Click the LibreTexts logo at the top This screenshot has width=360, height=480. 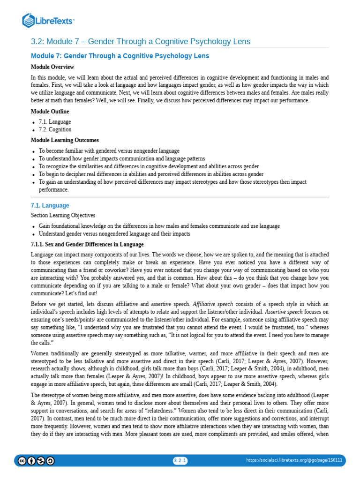pos(48,20)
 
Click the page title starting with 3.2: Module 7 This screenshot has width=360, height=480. pos(141,42)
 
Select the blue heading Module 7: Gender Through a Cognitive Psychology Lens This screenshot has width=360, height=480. pos(120,56)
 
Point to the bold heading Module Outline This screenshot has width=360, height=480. pos(50,112)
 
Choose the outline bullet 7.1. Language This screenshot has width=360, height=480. pos(55,122)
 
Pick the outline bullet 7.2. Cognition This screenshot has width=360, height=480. pos(55,130)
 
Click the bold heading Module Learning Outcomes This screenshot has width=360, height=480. pos(65,140)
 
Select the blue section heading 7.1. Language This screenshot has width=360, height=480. pos(50,205)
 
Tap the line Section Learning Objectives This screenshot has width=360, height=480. pos(63,216)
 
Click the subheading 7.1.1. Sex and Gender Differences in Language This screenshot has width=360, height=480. pos(87,245)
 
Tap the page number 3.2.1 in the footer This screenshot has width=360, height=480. pos(180,460)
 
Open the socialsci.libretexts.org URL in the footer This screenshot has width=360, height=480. pos(294,460)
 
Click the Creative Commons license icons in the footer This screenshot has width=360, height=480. pos(36,461)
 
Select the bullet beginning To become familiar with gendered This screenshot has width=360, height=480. pos(109,151)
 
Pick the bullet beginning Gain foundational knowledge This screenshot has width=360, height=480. pos(159,226)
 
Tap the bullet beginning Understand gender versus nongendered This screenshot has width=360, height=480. pos(114,233)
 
